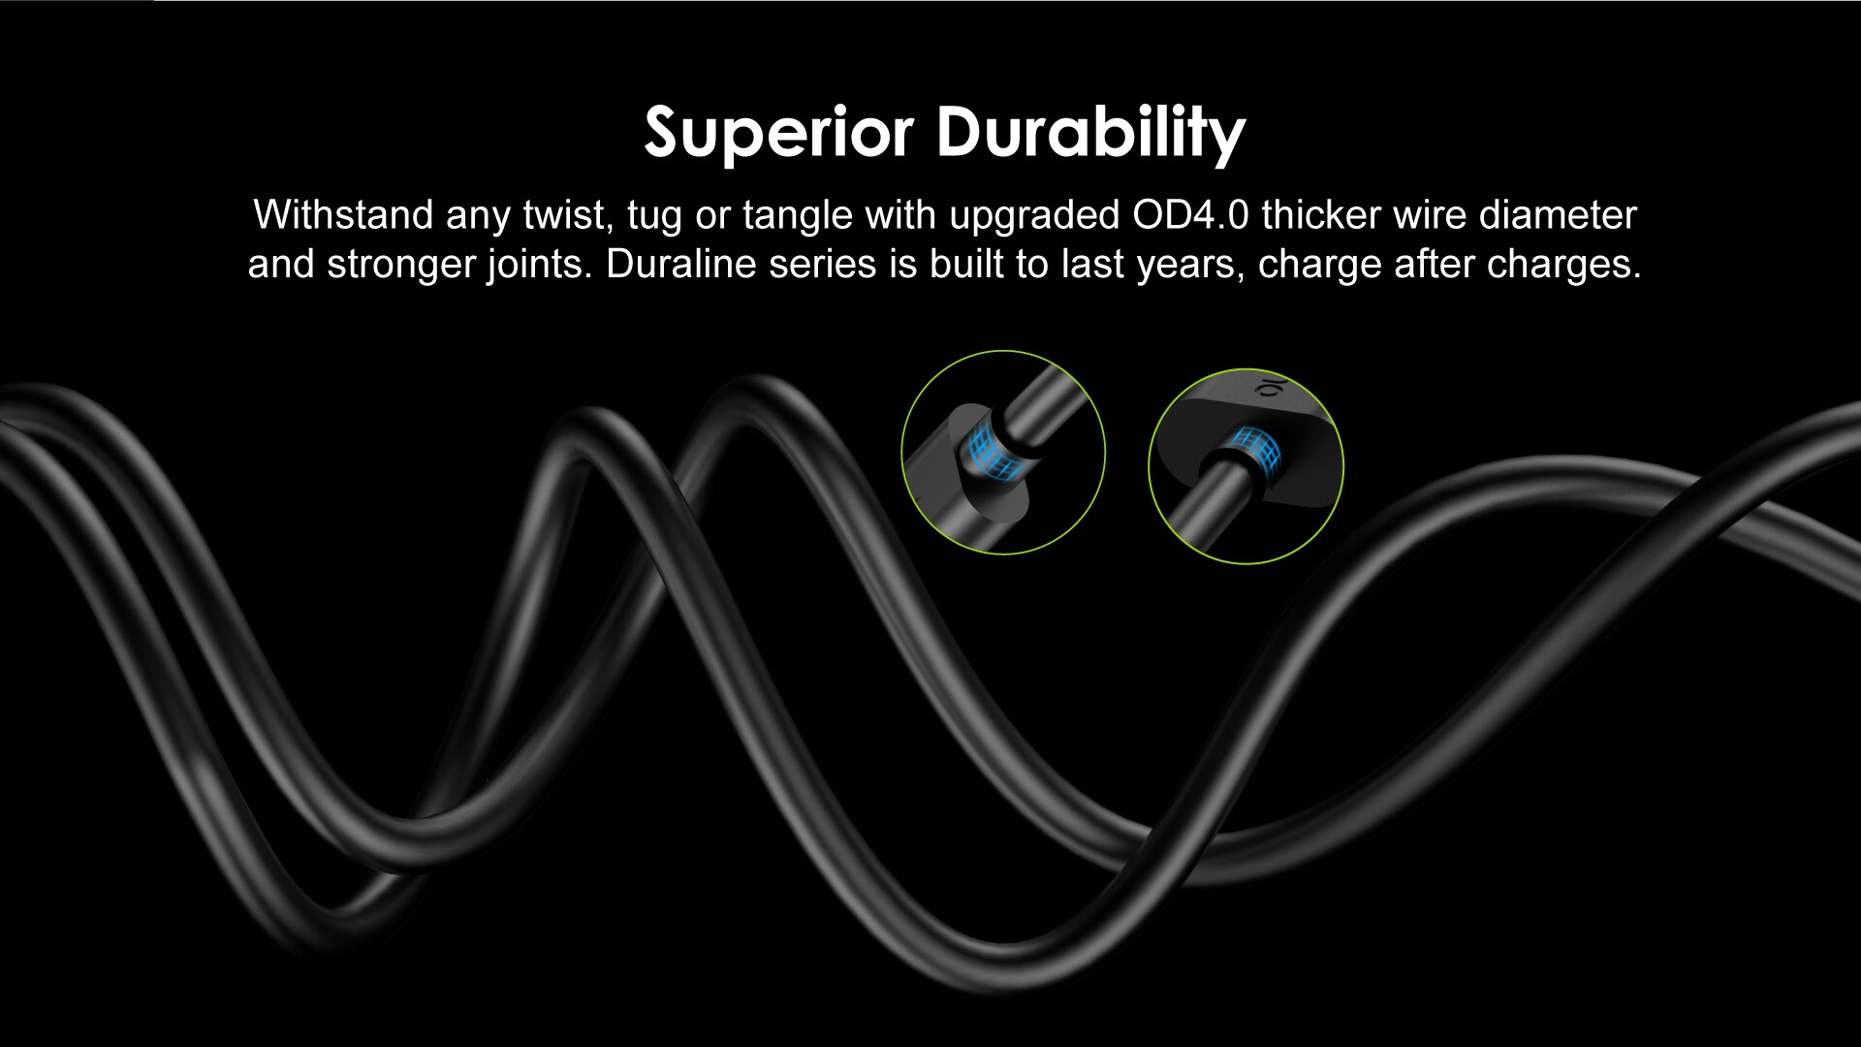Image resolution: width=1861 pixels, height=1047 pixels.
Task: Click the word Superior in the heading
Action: (x=778, y=133)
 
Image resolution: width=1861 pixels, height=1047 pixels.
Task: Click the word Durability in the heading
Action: (x=1090, y=133)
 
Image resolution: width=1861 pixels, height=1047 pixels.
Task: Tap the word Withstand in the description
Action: (x=343, y=214)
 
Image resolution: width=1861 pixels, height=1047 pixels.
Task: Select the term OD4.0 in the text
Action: (x=1191, y=214)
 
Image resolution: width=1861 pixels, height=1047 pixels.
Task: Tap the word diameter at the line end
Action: (x=1558, y=214)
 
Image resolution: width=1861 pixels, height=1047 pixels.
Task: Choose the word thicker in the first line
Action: (x=1321, y=214)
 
